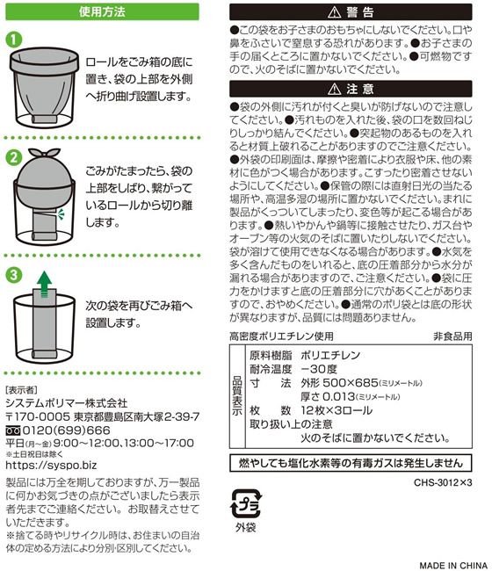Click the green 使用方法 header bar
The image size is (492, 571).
pyautogui.click(x=102, y=11)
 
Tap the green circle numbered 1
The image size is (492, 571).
pyautogui.click(x=14, y=40)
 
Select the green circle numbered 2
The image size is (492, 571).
pyautogui.click(x=14, y=158)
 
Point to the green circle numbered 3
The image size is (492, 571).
pyautogui.click(x=14, y=275)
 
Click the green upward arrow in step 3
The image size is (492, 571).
pyautogui.click(x=45, y=284)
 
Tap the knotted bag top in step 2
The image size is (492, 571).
pyautogui.click(x=44, y=153)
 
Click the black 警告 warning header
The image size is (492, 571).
pyautogui.click(x=351, y=12)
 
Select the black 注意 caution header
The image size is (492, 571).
pyautogui.click(x=351, y=89)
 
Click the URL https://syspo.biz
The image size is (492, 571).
pyautogui.click(x=51, y=465)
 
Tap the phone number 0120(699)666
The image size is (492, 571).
pyautogui.click(x=66, y=430)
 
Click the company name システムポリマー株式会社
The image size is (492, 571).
pyautogui.click(x=67, y=403)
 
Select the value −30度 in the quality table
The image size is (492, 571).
pyautogui.click(x=319, y=369)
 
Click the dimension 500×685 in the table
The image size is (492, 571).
pyautogui.click(x=351, y=383)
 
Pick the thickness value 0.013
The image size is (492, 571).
pyautogui.click(x=338, y=396)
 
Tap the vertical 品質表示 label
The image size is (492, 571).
pyautogui.click(x=237, y=396)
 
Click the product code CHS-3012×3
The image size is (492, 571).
pyautogui.click(x=443, y=483)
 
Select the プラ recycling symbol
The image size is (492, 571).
pyautogui.click(x=246, y=504)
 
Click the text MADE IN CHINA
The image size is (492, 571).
pyautogui.click(x=453, y=565)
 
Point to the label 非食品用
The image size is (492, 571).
pyautogui.click(x=452, y=336)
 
